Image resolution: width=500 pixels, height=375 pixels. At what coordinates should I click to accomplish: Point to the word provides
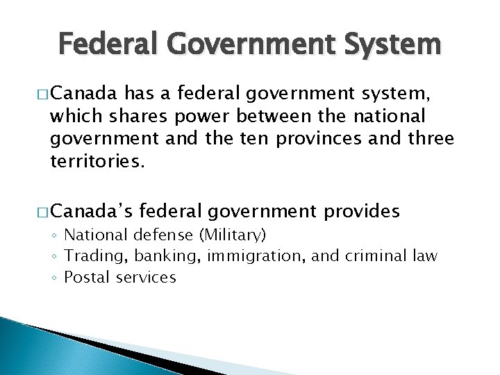tap(360, 210)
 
